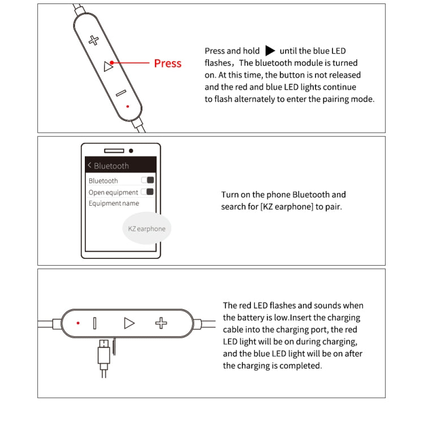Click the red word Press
pos(167,63)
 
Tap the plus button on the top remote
pos(94,40)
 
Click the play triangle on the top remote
pos(109,67)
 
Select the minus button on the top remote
pos(120,93)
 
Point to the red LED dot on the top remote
pos(128,106)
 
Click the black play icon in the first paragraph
pos(270,51)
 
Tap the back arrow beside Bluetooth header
pos(89,166)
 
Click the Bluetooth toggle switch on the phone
pos(148,180)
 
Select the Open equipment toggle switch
pos(148,192)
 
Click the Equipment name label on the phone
pos(114,204)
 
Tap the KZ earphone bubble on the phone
pos(147,228)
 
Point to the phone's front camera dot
pos(131,151)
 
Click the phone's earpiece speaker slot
pos(114,151)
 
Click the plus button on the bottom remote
pos(162,323)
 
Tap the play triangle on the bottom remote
pos(129,323)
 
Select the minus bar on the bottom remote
pos(94,323)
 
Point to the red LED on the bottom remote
pos(78,323)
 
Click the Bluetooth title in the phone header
pos(111,166)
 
